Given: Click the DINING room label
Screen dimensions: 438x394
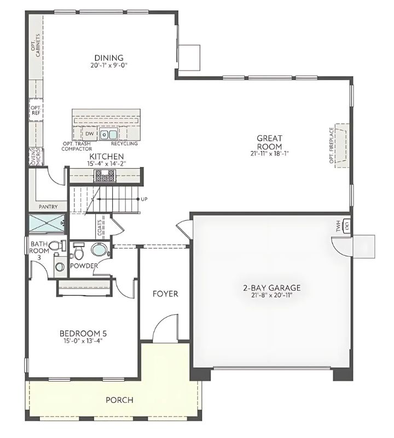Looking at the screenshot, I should click(x=108, y=58).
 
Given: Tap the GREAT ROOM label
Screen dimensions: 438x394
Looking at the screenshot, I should click(x=269, y=143).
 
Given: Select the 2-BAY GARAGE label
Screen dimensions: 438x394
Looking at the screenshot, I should click(x=272, y=287).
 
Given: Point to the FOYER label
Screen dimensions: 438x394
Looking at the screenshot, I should click(x=165, y=294).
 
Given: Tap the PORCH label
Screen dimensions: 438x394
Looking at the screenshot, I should click(x=119, y=400).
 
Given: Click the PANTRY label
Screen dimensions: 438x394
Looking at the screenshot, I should click(x=49, y=207).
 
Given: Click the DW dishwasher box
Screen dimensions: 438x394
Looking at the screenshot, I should click(x=89, y=134).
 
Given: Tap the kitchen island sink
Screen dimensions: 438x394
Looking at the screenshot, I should click(x=108, y=134).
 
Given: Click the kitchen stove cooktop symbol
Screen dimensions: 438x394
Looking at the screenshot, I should click(x=105, y=175).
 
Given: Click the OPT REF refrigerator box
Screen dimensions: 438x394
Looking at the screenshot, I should click(x=36, y=111).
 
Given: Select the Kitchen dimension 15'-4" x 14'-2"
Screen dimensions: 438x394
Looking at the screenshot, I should click(x=108, y=163).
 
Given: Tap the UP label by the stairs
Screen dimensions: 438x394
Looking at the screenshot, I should click(x=144, y=199).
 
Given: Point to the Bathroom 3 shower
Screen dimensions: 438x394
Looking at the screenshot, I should click(x=47, y=224).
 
